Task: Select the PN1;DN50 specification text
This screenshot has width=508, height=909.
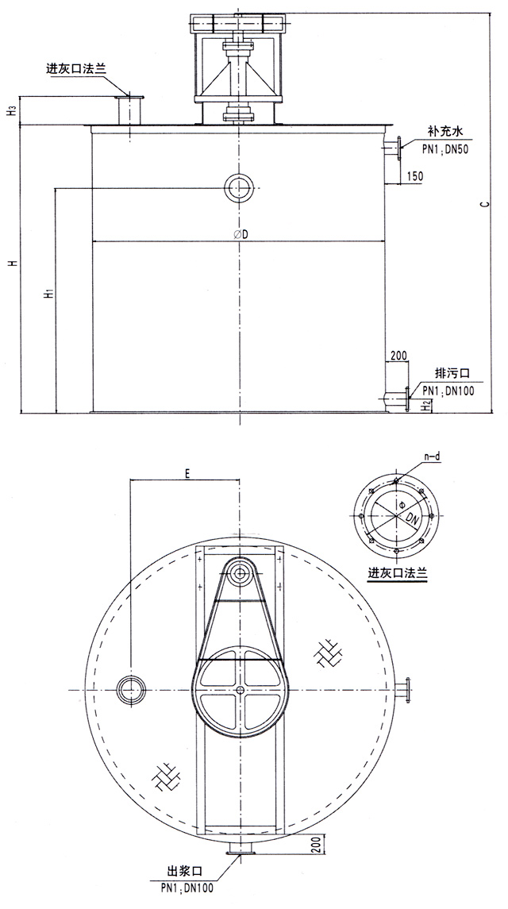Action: point(444,149)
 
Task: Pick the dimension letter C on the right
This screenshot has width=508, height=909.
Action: point(487,203)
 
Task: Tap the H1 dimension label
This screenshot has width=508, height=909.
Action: point(50,294)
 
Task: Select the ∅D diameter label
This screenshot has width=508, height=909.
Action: point(241,234)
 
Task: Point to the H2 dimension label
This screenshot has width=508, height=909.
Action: point(425,405)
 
